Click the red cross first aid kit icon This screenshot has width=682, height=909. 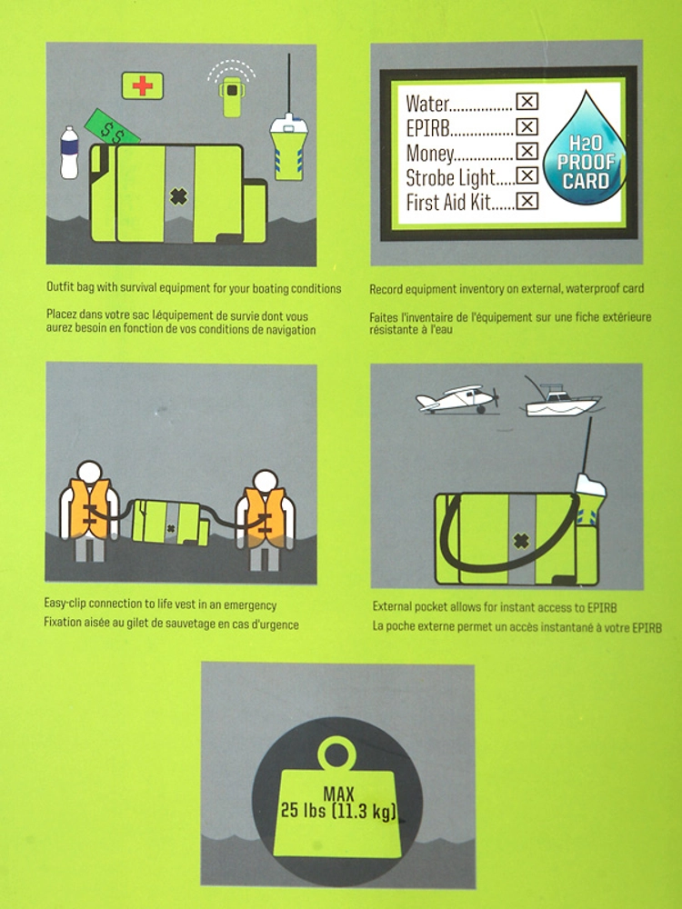pyautogui.click(x=142, y=85)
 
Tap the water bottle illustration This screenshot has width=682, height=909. pyautogui.click(x=69, y=153)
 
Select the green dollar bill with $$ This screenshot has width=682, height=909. pyautogui.click(x=112, y=127)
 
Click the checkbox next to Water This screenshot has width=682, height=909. pyautogui.click(x=527, y=102)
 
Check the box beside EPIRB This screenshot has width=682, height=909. pyautogui.click(x=527, y=126)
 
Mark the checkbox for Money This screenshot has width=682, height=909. pyautogui.click(x=527, y=151)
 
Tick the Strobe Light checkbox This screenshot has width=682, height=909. pyautogui.click(x=527, y=175)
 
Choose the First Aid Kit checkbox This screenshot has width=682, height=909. pyautogui.click(x=527, y=201)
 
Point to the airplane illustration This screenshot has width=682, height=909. pyautogui.click(x=457, y=399)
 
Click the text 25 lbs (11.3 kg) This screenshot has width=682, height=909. pyautogui.click(x=338, y=811)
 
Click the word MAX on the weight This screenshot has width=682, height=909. pyautogui.click(x=338, y=793)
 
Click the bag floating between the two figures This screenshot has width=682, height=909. pyautogui.click(x=170, y=523)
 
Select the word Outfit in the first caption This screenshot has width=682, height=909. pyautogui.click(x=59, y=287)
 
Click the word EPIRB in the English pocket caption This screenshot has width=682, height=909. pyautogui.click(x=601, y=607)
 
